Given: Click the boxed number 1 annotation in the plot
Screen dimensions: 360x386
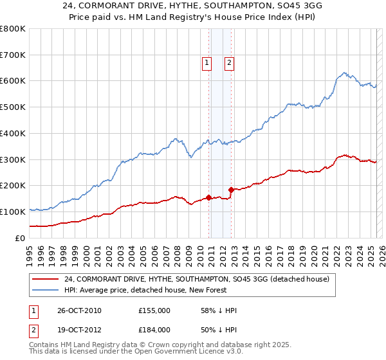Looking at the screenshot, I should tap(207, 63).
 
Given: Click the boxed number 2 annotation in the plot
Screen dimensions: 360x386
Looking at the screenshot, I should tap(229, 63).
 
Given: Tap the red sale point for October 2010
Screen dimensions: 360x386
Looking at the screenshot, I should tap(209, 197).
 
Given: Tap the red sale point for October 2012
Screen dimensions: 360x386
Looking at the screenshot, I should tap(232, 190).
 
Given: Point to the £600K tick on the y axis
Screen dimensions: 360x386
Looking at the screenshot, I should tap(13, 81).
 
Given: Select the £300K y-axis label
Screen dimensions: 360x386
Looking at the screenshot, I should tap(13, 159).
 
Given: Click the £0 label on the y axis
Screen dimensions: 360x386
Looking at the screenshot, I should tap(20, 238).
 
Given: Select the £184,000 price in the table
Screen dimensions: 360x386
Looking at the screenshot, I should tap(154, 329).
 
